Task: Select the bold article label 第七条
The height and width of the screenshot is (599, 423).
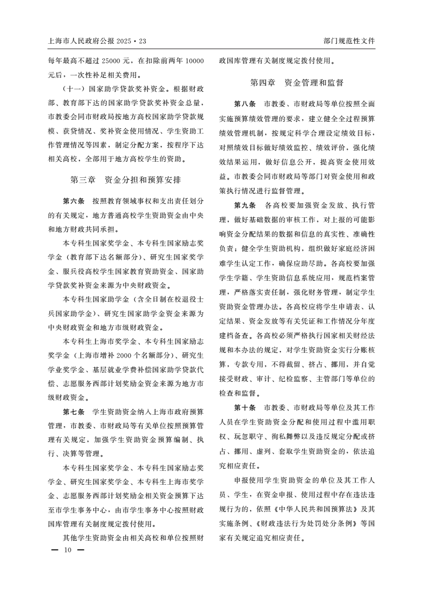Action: (74, 412)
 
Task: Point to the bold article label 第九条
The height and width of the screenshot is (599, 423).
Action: (245, 206)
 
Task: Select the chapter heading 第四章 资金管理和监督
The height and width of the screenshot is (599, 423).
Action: (297, 83)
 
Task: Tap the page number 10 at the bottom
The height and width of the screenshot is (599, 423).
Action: (68, 550)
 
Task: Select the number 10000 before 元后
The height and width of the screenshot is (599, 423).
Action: (193, 61)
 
